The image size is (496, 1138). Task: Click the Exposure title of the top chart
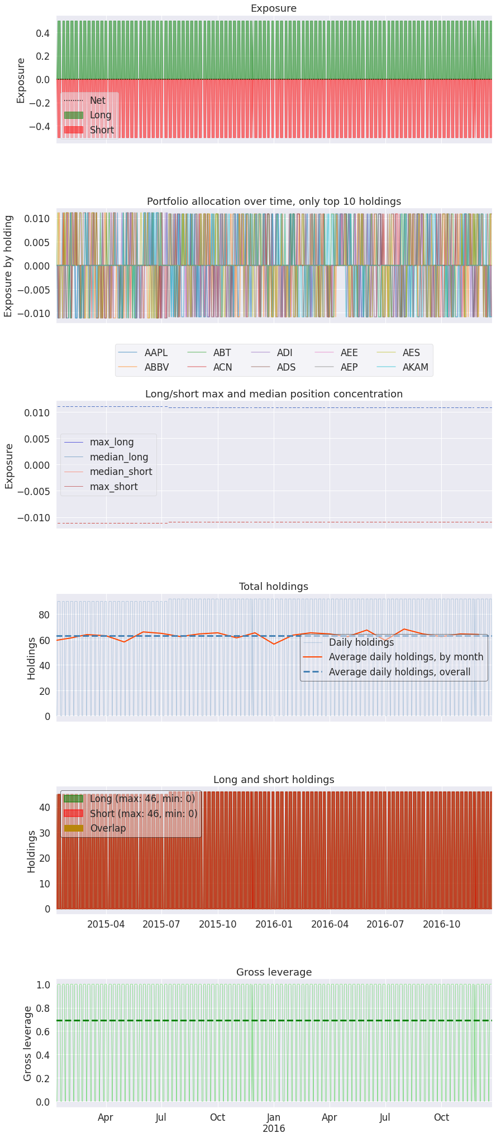273,8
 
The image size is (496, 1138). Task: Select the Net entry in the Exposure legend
97,100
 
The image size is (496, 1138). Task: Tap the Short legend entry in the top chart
102,130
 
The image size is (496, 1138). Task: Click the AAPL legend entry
156,353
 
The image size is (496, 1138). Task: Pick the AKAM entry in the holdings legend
415,367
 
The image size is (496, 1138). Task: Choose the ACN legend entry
222,367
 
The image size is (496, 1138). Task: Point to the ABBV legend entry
156,367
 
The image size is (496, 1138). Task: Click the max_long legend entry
112,442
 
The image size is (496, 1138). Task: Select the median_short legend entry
121,472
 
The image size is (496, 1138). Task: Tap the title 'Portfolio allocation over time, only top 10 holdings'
274,201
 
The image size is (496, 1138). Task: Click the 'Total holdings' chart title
273,587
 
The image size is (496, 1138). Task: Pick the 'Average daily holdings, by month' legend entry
406,657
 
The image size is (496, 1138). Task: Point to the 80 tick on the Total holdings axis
44,614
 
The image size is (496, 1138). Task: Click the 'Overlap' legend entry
108,828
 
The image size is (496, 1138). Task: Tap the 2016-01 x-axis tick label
274,924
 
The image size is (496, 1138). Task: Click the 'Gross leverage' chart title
274,972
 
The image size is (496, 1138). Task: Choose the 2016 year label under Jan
274,1129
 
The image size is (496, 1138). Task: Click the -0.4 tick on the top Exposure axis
39,127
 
